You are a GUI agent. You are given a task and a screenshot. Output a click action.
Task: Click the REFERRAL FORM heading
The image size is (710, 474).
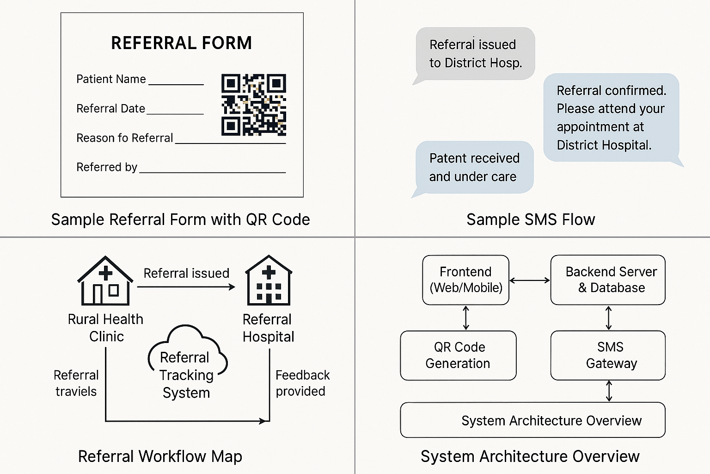(181, 43)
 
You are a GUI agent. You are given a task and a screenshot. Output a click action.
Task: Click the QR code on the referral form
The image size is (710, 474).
(254, 105)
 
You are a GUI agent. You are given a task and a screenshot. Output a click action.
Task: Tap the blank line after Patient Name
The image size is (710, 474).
(176, 83)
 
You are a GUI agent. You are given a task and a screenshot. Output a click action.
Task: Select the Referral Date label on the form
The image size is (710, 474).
(110, 108)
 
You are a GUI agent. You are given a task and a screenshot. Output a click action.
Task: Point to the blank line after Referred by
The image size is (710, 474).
(213, 171)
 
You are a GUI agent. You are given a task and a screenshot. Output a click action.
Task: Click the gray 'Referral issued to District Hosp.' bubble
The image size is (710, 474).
(475, 54)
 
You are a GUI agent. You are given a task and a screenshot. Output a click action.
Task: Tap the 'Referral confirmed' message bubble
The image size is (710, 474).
(611, 118)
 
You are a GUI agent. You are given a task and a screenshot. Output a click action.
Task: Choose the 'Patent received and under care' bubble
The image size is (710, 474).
(474, 167)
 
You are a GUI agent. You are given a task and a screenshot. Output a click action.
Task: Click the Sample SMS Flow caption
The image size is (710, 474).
(531, 219)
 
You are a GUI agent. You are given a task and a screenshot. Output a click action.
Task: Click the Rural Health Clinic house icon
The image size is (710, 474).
(105, 281)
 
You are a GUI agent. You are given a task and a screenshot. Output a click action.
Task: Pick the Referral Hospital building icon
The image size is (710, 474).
(269, 281)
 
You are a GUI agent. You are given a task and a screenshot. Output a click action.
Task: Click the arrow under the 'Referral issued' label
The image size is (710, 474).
(186, 287)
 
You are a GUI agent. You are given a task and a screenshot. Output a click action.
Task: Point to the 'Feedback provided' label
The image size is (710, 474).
(302, 383)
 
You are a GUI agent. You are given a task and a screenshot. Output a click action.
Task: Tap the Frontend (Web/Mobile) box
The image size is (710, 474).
(465, 280)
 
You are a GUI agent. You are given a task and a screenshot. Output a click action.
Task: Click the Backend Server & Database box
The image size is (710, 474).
(608, 280)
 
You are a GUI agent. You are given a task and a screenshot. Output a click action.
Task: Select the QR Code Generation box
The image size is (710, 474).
(458, 355)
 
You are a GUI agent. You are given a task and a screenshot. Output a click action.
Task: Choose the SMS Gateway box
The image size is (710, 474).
(608, 355)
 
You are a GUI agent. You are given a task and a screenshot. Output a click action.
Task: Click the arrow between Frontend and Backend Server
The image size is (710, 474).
(530, 280)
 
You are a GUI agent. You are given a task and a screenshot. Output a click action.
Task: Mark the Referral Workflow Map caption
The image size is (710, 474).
(160, 456)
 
